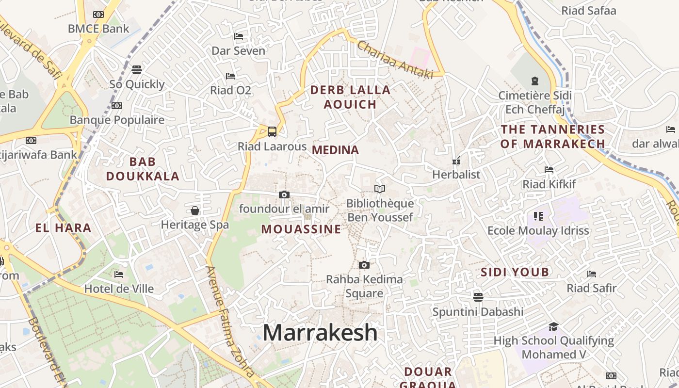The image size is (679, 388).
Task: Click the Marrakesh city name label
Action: [320, 333]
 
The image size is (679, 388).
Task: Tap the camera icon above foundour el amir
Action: [284, 195]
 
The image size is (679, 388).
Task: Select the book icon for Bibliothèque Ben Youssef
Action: [380, 189]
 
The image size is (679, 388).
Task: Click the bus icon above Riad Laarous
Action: [272, 131]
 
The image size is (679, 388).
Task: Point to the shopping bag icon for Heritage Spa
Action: [194, 210]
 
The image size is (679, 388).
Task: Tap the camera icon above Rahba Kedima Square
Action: [364, 265]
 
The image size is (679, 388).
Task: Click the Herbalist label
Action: [456, 175]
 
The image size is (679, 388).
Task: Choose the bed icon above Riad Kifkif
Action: [549, 170]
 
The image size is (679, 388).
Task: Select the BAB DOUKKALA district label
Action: [143, 169]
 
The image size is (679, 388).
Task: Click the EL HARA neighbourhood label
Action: [63, 228]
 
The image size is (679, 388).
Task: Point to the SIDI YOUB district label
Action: [515, 272]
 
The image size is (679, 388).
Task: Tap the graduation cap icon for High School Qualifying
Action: [553, 326]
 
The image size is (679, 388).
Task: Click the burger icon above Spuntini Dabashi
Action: [478, 297]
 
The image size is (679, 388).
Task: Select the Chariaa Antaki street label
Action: [395, 60]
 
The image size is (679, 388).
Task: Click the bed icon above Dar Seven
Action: [238, 36]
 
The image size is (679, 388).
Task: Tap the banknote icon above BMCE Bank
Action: [98, 15]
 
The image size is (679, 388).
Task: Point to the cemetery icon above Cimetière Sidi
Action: [535, 81]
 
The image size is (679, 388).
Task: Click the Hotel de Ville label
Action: [119, 289]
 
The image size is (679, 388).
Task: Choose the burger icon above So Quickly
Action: [137, 70]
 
